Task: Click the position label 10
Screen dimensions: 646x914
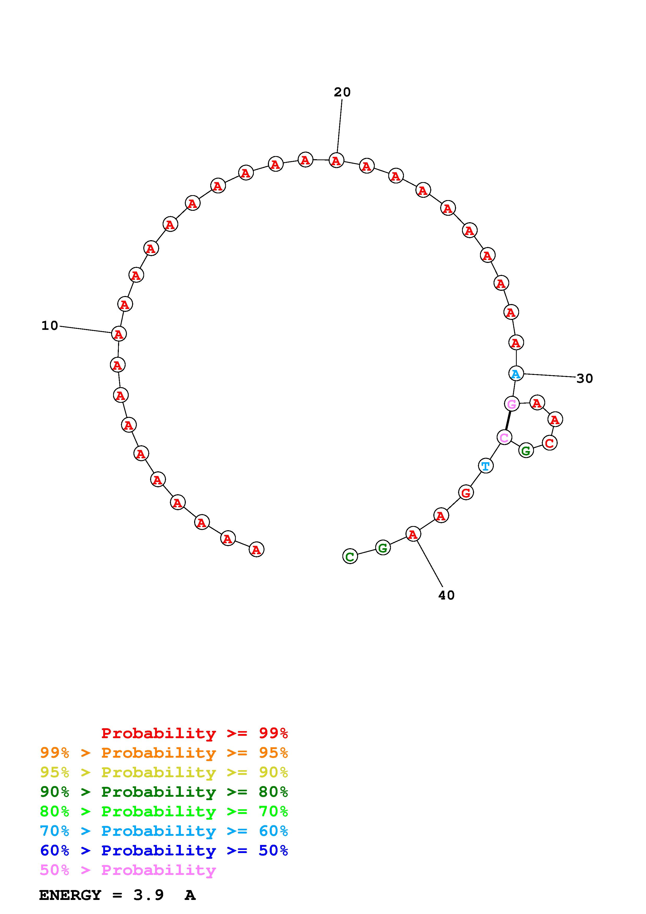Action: point(50,326)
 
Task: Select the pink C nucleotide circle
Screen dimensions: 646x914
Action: point(504,437)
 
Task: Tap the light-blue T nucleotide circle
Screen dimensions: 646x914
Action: point(485,466)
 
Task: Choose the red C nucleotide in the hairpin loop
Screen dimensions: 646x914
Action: point(549,443)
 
